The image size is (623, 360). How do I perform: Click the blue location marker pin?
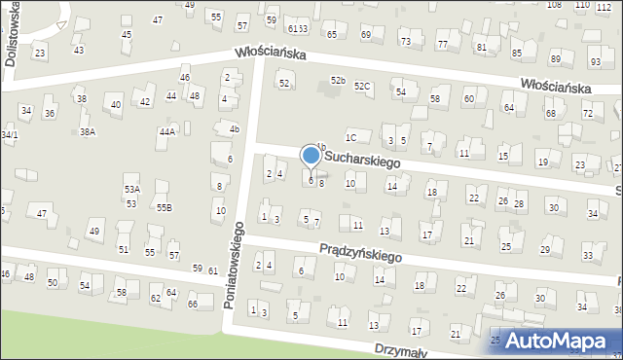311,156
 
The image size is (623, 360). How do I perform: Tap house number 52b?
338,80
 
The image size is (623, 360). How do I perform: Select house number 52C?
362,87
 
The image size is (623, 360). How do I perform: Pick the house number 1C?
350,138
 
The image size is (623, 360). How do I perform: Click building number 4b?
234,128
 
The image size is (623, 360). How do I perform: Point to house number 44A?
167,131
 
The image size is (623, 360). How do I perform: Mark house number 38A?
88,131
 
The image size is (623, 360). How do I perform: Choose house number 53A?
131,189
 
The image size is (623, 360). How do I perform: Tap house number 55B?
164,207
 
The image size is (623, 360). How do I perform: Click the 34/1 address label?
9,134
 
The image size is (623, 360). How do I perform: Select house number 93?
595,62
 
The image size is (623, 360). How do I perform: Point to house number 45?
127,35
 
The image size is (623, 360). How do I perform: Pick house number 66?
193,305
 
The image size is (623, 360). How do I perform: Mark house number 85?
517,53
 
